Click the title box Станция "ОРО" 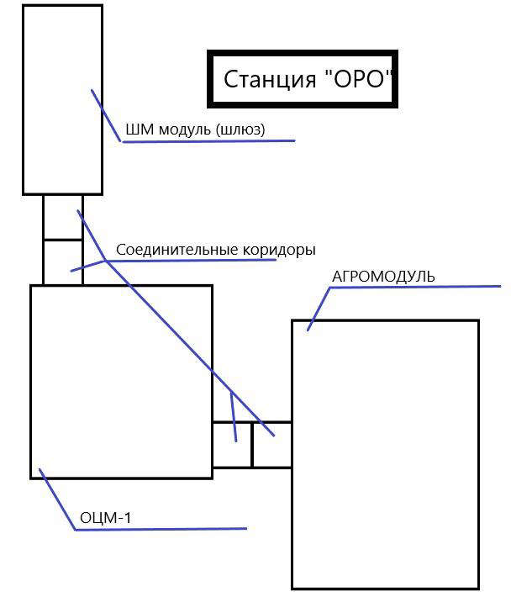(303, 79)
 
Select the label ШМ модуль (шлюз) (195, 129)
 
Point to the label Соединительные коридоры (216, 250)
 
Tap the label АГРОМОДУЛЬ (384, 277)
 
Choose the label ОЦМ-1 (105, 517)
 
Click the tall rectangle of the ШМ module (62, 99)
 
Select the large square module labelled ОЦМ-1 (121, 381)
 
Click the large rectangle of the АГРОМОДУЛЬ (385, 454)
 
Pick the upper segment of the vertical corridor (63, 217)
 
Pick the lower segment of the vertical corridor (63, 262)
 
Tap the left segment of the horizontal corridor (232, 444)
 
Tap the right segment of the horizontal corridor (271, 444)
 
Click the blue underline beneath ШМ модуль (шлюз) (210, 141)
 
